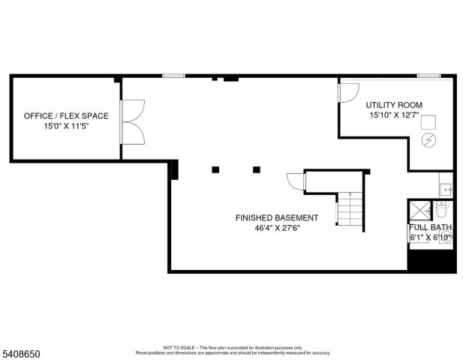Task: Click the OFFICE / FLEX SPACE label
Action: [66, 116]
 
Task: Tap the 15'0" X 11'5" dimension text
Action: [66, 127]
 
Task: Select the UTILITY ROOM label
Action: [394, 105]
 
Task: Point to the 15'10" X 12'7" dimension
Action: [394, 115]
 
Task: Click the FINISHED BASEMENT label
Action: [277, 218]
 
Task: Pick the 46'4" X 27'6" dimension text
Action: [277, 229]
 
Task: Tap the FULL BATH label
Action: [431, 227]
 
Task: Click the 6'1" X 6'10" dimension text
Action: [431, 238]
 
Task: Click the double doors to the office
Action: [132, 121]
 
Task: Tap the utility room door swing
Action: [347, 91]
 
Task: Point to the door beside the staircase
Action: [295, 182]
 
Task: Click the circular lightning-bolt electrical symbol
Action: [429, 139]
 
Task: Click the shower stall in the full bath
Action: [419, 210]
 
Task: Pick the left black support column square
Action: [215, 169]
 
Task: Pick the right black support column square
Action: [257, 169]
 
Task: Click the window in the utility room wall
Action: [428, 76]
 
